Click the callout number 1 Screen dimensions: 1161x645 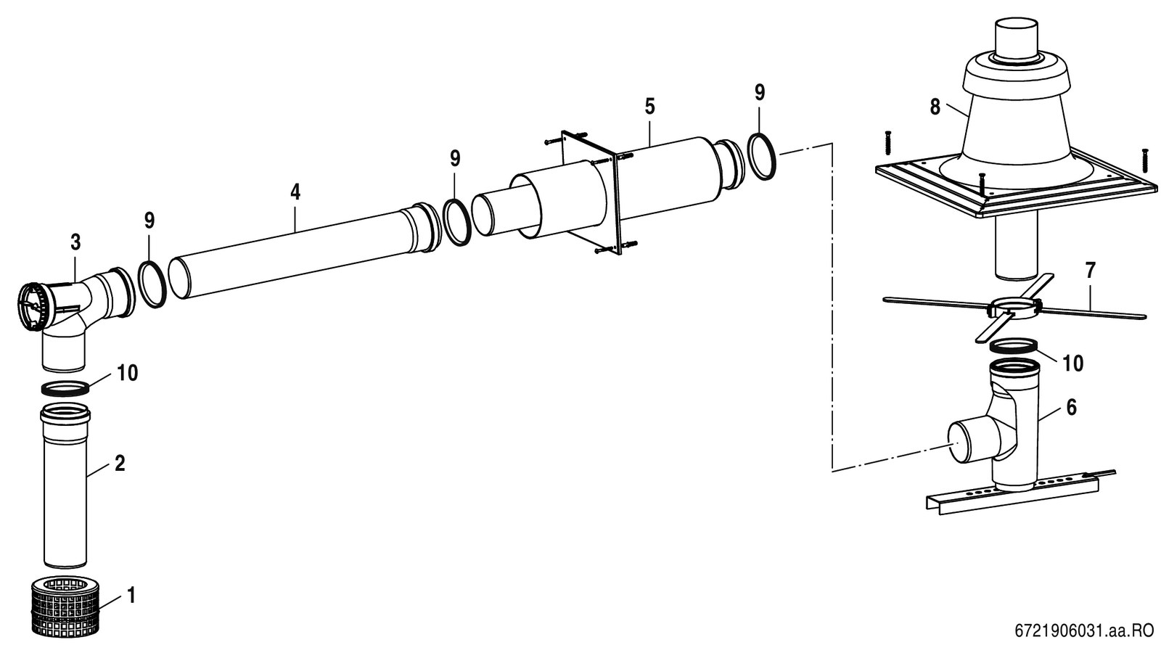click(131, 595)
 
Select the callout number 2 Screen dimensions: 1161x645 click(120, 464)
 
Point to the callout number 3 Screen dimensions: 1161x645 click(75, 242)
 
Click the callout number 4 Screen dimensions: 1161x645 click(295, 192)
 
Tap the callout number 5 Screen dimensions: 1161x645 click(649, 107)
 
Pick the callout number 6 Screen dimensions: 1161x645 click(1071, 408)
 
